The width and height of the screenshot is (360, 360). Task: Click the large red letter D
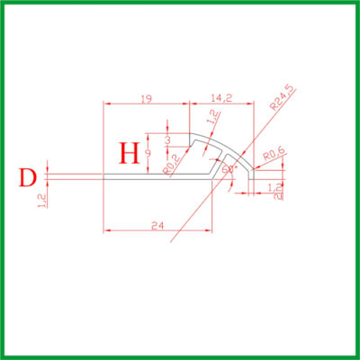(28, 176)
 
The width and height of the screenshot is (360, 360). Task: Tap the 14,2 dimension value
(219, 97)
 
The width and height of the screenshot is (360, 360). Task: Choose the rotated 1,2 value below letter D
(40, 204)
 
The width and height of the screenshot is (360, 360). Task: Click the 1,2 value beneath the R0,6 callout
(275, 186)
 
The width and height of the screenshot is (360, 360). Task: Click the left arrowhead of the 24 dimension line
(107, 230)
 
